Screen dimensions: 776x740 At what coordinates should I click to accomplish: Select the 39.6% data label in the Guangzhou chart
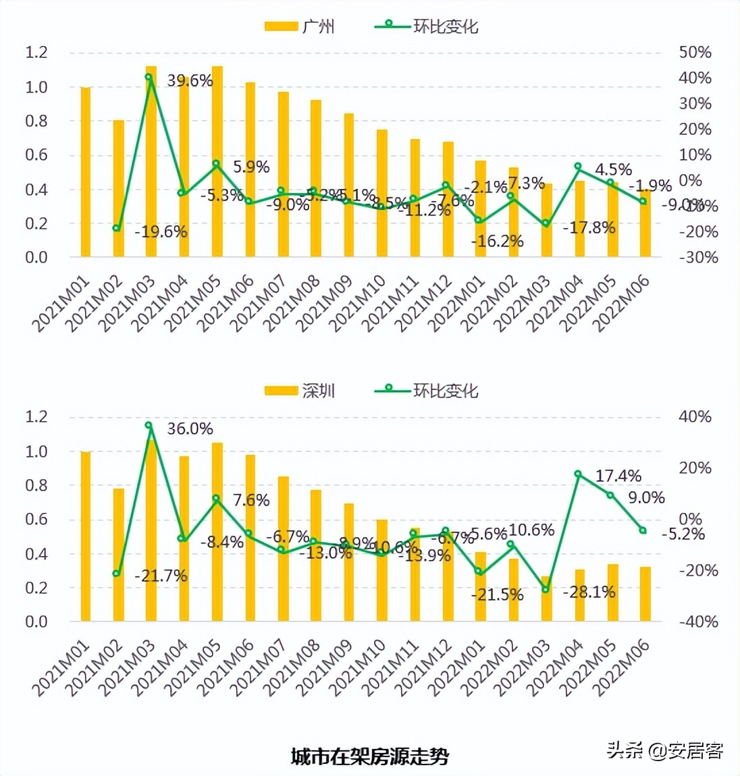pos(190,81)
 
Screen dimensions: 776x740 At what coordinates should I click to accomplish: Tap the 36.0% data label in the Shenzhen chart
pos(190,428)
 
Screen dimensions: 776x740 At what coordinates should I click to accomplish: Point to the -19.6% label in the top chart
pos(161,232)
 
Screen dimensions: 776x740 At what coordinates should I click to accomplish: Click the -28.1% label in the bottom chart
pos(589,592)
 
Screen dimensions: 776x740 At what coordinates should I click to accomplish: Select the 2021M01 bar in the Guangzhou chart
pos(86,172)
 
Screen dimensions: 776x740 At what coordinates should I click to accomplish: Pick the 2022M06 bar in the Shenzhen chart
pos(645,594)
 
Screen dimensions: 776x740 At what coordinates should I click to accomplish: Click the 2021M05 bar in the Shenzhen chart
pos(217,532)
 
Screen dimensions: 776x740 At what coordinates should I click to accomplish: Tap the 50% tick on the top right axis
pos(695,53)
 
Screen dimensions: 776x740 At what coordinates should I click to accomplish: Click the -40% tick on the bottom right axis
pos(695,621)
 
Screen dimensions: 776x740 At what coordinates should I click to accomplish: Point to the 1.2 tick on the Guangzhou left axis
pos(36,53)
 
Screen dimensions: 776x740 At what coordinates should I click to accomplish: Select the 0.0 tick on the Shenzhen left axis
pos(36,621)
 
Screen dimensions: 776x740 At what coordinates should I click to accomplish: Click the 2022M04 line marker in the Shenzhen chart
pos(578,474)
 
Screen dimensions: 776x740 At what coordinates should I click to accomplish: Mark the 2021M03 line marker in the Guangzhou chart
pos(149,77)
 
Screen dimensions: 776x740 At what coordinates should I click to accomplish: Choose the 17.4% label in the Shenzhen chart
pos(618,476)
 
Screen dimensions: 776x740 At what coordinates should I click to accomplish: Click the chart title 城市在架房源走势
pos(369,756)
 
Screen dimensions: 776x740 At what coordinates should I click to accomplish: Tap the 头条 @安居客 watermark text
pos(665,750)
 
